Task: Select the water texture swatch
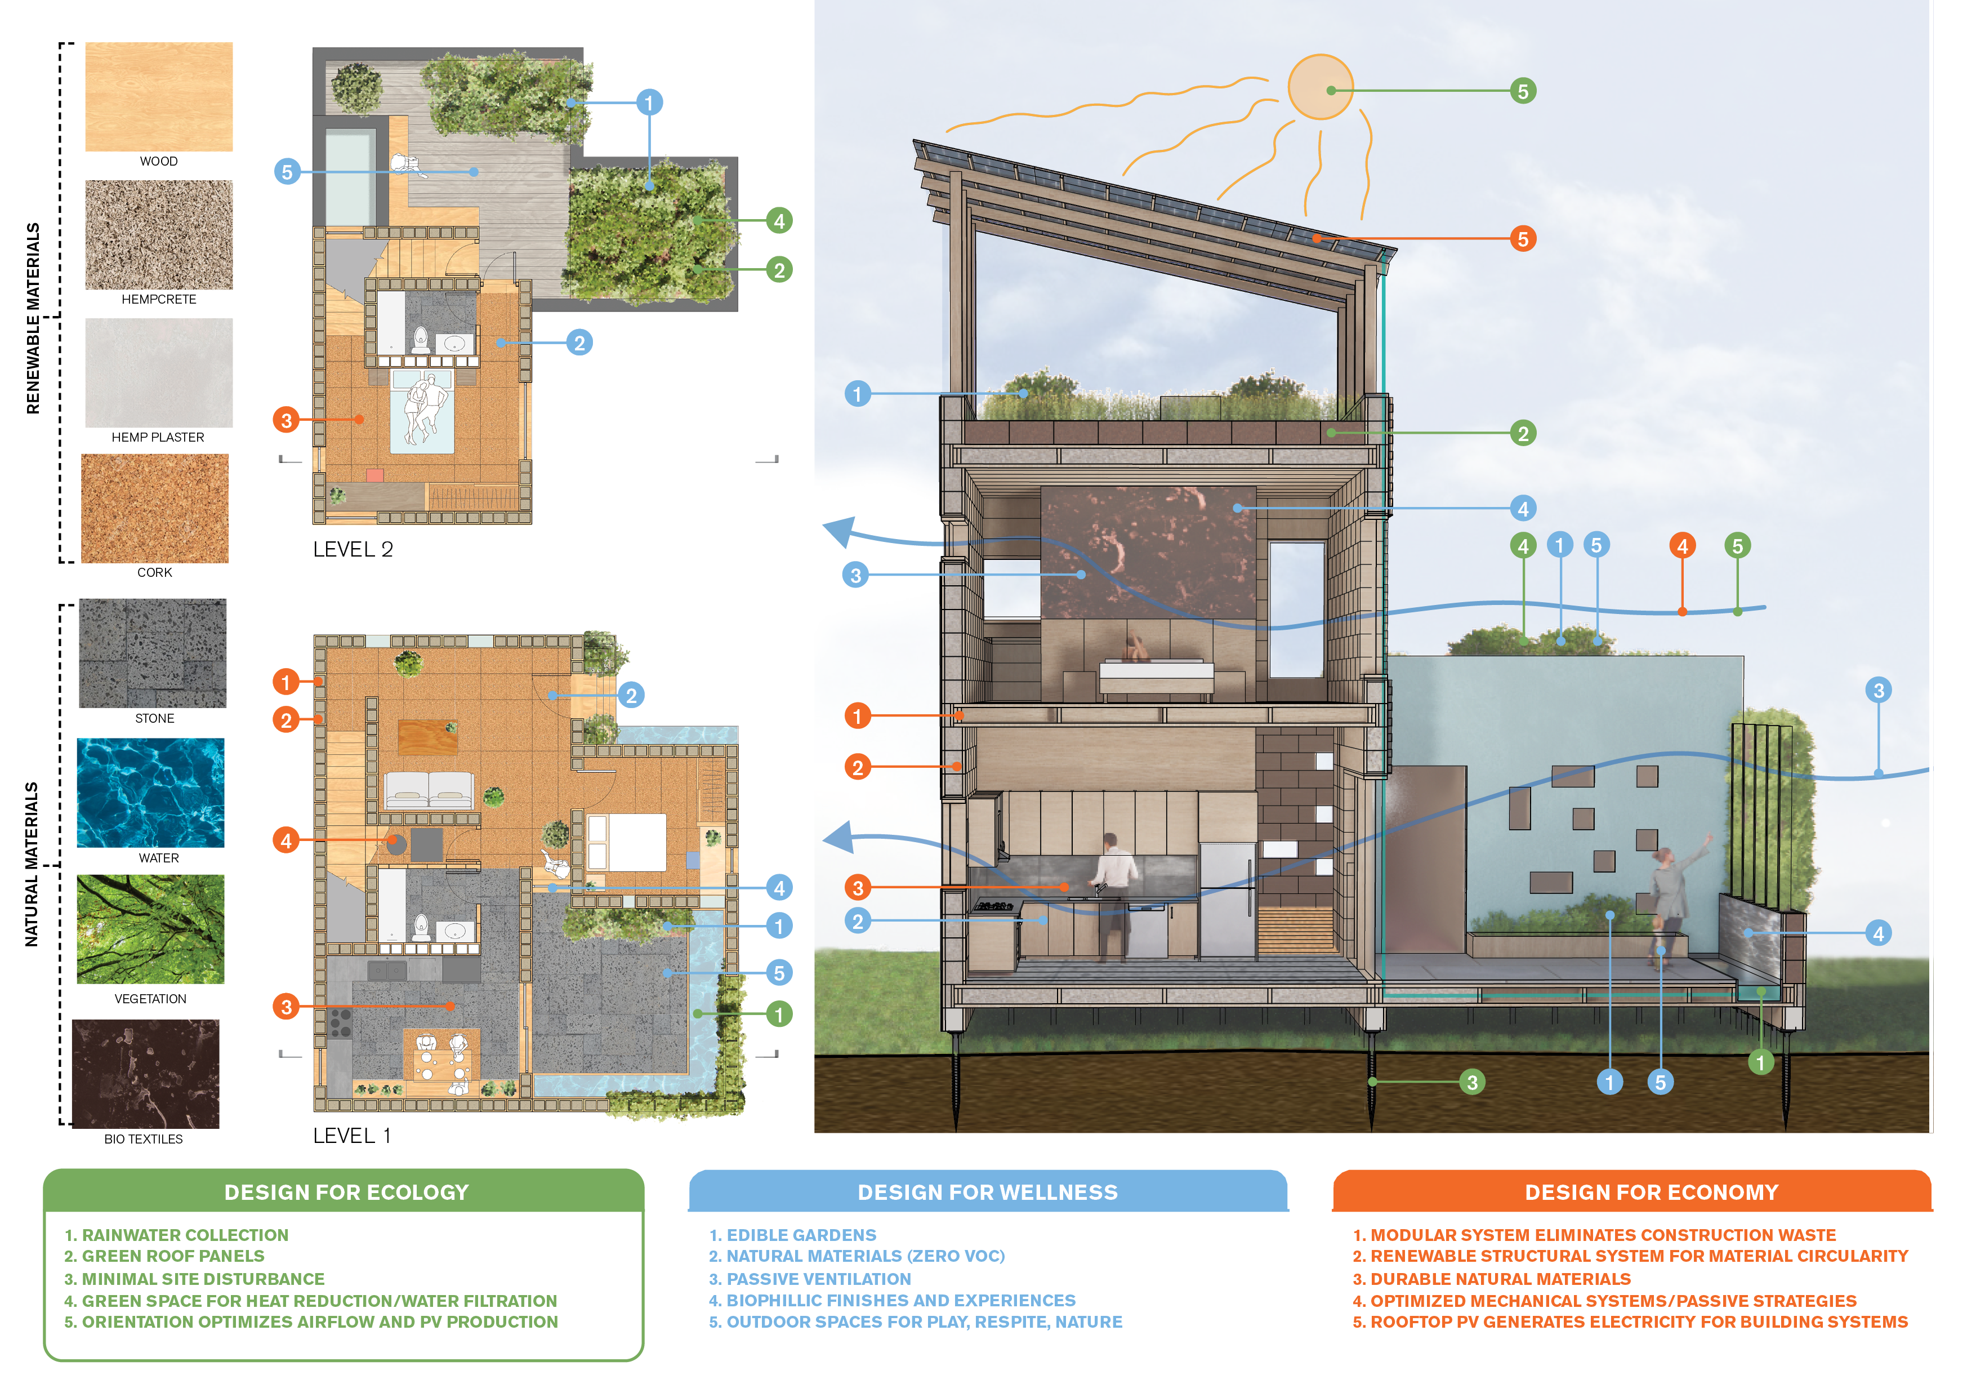coord(150,792)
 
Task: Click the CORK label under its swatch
coord(154,572)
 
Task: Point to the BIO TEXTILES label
coord(143,1139)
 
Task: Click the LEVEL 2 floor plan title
coord(353,549)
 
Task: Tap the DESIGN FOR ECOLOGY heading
coord(346,1192)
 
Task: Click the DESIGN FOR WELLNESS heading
coord(987,1192)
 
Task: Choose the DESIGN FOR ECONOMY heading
coord(1651,1192)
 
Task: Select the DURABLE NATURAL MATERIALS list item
coord(1492,1279)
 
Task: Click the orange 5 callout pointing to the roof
coord(1523,238)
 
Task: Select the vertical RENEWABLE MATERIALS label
coord(33,318)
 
